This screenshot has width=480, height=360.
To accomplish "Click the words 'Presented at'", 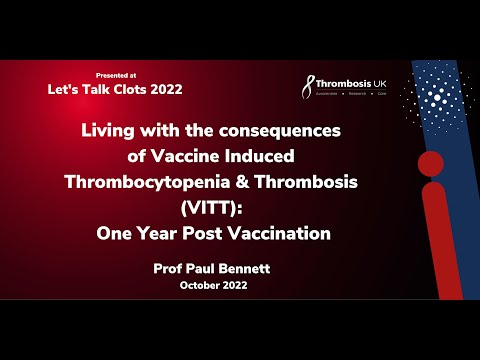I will click(115, 75).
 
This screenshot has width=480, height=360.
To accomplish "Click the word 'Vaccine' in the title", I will click(199, 155).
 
